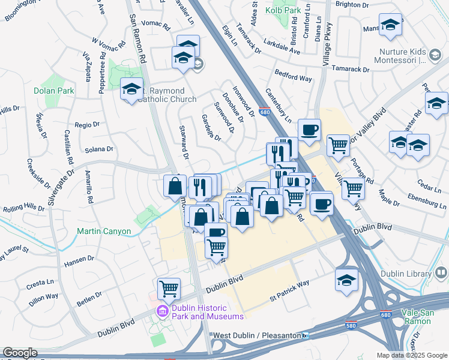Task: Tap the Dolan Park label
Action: pos(53,91)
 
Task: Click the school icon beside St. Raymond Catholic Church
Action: pos(131,89)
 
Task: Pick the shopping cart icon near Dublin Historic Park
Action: pos(169,288)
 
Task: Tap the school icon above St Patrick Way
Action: pos(346,280)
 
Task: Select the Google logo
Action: pos(20,353)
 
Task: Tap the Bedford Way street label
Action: pos(294,78)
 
